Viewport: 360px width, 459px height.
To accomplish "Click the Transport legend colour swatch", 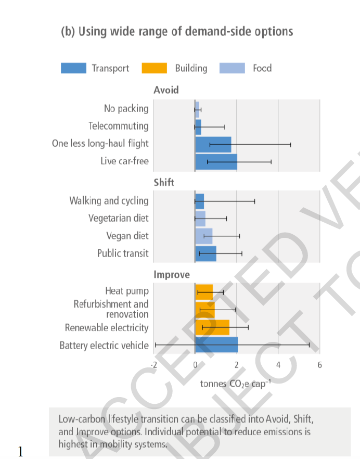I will tap(73, 68).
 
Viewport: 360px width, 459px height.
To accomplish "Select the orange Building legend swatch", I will tap(154, 68).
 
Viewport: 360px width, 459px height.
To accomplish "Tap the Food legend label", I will tap(262, 68).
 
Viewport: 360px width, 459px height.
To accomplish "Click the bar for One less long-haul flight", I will tap(213, 144).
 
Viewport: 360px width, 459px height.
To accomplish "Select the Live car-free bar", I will tap(216, 161).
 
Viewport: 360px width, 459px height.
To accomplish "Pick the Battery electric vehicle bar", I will tap(216, 345).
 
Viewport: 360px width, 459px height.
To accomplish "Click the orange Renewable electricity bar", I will tap(212, 327).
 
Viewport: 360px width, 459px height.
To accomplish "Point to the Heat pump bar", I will tap(204, 291).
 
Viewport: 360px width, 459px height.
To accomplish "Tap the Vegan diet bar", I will tap(203, 236).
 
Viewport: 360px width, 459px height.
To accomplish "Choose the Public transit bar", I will tap(205, 253).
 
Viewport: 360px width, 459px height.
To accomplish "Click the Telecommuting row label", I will tap(119, 126).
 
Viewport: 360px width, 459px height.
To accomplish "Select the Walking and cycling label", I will tap(109, 200).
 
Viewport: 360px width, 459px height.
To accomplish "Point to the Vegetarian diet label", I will tap(119, 218).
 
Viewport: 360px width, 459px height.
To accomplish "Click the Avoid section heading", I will tap(166, 90).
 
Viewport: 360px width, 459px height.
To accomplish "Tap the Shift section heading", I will tap(164, 183).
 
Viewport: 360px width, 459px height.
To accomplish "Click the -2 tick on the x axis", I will tap(154, 365).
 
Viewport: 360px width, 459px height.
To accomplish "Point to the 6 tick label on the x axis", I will tap(319, 365).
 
